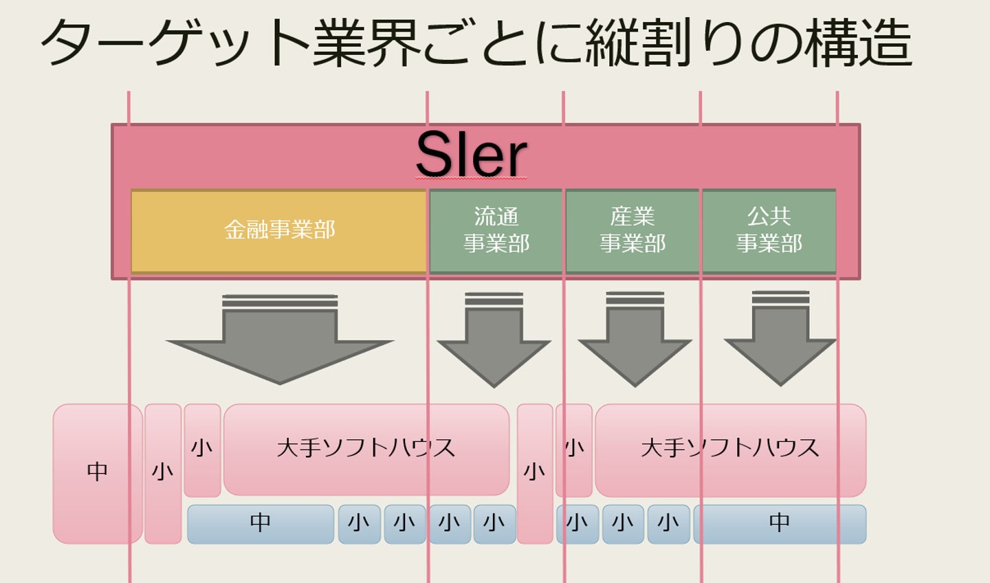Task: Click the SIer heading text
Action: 472,155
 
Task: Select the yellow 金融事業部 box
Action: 279,230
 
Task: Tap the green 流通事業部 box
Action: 496,230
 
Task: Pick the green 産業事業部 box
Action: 632,230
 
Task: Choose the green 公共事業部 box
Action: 769,230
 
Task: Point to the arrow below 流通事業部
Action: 494,344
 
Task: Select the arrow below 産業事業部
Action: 635,344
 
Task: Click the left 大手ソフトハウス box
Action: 366,448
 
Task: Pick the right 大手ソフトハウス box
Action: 730,448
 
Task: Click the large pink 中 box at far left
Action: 98,473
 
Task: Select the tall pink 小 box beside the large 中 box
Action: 163,473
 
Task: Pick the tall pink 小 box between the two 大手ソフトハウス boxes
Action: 534,473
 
